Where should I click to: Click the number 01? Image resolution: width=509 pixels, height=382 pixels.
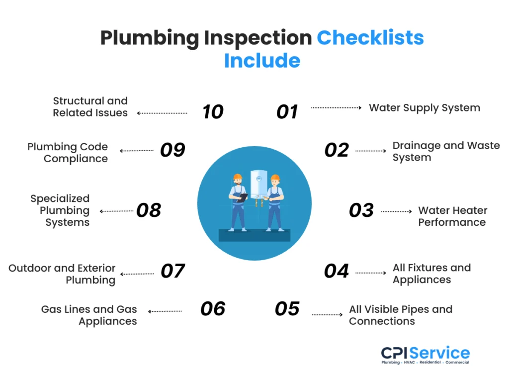pos(287,112)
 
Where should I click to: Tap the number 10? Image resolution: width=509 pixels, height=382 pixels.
pos(213,112)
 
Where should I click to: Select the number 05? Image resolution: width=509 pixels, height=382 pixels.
pos(287,309)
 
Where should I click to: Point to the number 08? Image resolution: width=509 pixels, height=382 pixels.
pos(149,210)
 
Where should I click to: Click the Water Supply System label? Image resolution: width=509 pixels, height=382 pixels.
pos(424,108)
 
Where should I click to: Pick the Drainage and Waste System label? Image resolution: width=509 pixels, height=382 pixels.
pos(446,152)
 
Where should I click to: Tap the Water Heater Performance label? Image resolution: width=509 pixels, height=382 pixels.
pos(452,216)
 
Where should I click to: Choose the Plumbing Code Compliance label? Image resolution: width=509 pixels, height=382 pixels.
pos(68,153)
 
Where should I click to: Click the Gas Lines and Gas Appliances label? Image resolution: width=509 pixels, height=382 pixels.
pos(89,315)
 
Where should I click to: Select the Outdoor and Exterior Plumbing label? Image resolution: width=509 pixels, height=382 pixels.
pos(62,274)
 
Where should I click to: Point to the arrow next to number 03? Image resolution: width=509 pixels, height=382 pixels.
pos(397,211)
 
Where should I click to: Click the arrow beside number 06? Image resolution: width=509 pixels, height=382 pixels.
pos(165,311)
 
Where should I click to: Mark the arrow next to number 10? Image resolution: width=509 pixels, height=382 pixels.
pos(162,113)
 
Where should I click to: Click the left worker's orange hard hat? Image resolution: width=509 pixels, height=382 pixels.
pos(238,177)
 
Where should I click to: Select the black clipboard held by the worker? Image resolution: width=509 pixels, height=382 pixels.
pos(243,197)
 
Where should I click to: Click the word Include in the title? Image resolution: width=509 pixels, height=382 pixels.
pos(262,61)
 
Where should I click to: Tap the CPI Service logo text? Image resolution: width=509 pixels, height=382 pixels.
pos(425,353)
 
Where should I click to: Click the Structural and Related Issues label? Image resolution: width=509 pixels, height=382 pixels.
pos(90,107)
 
